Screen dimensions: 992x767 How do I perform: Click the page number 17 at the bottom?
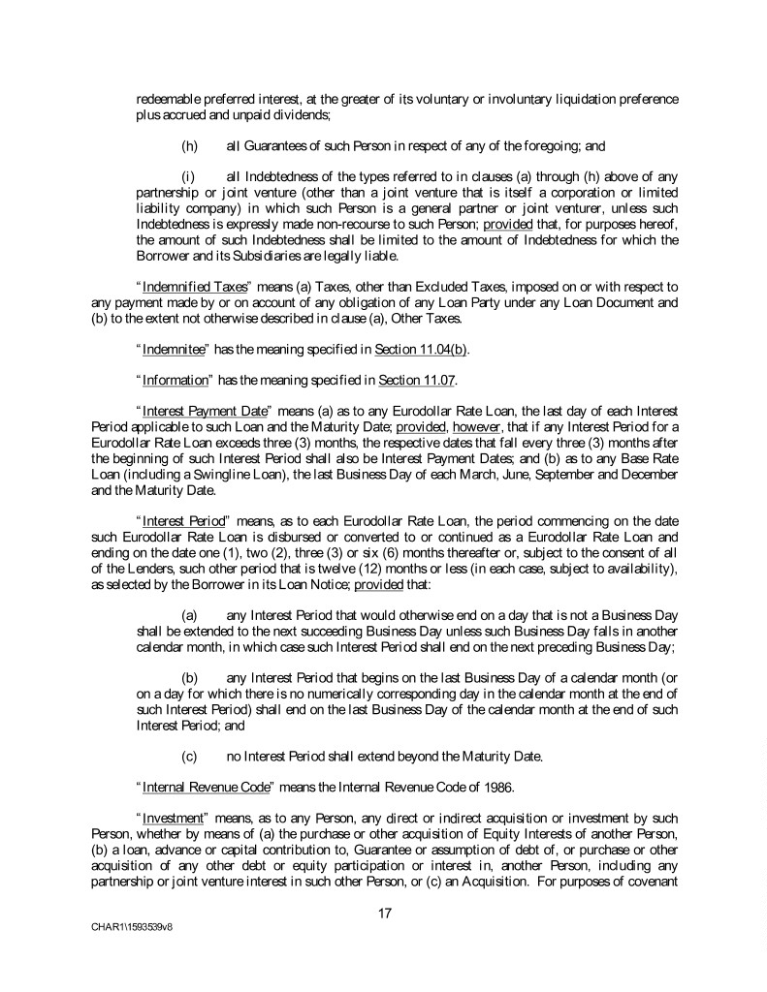(x=383, y=912)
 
